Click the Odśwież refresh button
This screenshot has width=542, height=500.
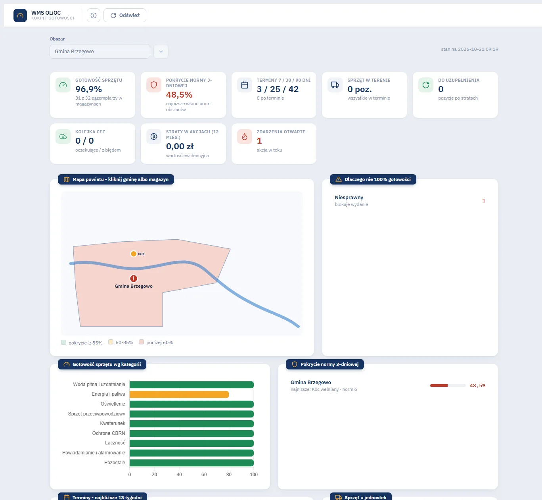125,15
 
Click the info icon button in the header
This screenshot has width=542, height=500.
93,15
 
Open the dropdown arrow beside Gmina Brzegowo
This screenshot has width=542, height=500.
161,51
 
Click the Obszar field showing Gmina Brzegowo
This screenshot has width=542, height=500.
100,51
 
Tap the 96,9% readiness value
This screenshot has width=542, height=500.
89,89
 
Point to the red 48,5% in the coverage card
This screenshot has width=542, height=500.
179,94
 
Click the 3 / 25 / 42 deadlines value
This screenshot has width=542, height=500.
278,89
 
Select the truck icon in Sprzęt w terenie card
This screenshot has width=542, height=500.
335,85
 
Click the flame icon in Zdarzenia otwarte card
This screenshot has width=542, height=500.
245,137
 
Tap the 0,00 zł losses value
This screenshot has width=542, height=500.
180,146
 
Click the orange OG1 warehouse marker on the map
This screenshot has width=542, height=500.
134,254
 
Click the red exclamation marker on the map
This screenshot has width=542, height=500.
134,279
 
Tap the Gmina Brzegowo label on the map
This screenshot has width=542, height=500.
134,286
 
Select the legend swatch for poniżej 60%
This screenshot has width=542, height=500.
142,342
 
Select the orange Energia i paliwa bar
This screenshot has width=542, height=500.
179,394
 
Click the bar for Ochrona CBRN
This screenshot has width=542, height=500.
192,433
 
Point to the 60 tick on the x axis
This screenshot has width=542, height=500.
204,475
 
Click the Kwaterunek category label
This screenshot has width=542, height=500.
113,423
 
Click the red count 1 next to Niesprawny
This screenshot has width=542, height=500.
484,200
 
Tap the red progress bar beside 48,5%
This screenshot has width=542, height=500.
439,386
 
